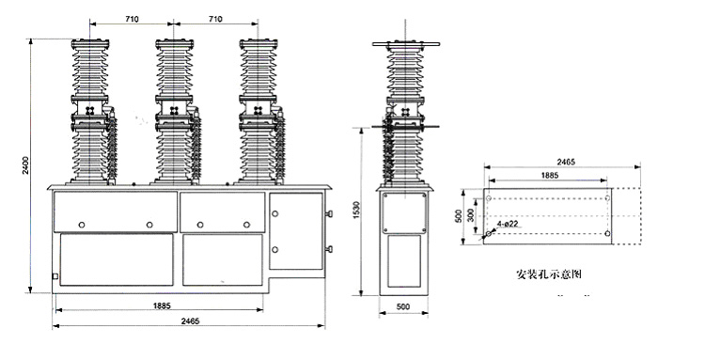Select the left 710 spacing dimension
point(133,18)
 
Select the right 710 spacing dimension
point(215,18)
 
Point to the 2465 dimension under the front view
point(190,321)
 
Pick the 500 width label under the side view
point(401,306)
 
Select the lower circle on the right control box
point(275,249)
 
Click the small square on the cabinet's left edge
point(55,276)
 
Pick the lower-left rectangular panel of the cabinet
point(117,262)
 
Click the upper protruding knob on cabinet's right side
point(329,214)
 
